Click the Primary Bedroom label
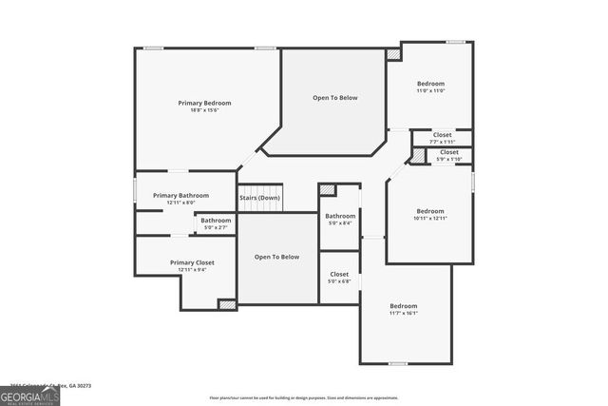204,103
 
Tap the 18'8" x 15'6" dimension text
204,110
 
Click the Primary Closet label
192,262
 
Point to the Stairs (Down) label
259,198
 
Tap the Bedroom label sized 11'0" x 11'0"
430,84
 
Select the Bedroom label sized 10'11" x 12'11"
430,211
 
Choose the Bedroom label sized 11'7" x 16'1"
403,306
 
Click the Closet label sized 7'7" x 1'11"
443,135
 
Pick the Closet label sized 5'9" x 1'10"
449,152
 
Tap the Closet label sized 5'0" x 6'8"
339,275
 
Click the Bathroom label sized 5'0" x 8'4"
340,216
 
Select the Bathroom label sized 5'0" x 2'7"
215,221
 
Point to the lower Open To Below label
276,257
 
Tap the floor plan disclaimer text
303,397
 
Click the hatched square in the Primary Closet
227,304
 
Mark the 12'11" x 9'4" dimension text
192,270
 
